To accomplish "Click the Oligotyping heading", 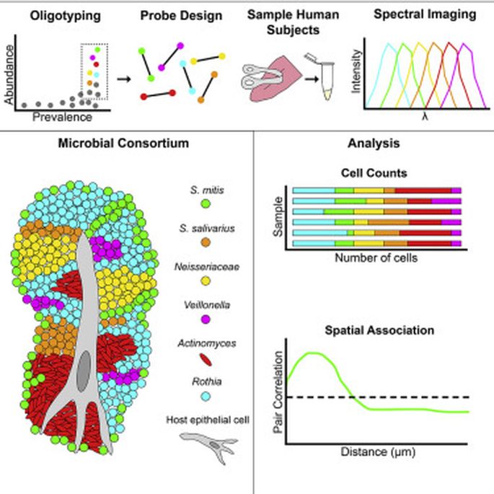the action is click(x=65, y=16).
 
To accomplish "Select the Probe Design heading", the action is click(x=181, y=16).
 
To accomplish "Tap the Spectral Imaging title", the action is click(x=425, y=14).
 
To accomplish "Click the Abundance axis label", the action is click(x=9, y=74).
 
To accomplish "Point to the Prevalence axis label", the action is click(x=62, y=118).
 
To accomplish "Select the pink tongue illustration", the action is click(x=273, y=79).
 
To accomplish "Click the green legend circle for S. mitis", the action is click(x=206, y=204).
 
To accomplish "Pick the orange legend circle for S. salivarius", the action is click(x=206, y=242).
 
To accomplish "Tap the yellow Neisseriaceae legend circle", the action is click(x=206, y=281).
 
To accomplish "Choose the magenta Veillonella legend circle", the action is click(x=206, y=319).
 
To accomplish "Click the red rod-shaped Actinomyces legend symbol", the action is click(x=206, y=359).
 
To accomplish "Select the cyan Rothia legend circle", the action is click(x=206, y=397).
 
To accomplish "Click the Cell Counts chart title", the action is click(x=374, y=173).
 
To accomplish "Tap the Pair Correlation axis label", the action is click(x=278, y=392).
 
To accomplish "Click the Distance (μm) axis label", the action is click(x=378, y=451).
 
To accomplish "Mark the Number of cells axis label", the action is click(x=376, y=257).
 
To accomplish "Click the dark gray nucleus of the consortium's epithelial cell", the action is click(x=84, y=371).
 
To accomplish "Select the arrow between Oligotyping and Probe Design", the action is click(x=124, y=79).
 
